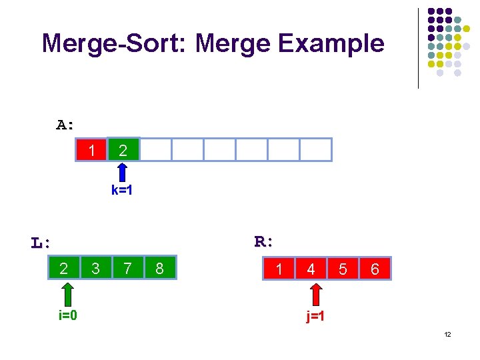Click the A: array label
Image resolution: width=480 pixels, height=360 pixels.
point(65,125)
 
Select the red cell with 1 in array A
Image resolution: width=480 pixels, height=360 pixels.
point(91,150)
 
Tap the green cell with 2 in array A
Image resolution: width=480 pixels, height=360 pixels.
point(123,150)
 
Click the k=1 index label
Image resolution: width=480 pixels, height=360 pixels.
point(123,191)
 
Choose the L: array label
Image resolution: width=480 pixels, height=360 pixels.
point(41,243)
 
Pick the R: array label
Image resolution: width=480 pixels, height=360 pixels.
point(265,241)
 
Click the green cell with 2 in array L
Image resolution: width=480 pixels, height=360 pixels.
point(64,268)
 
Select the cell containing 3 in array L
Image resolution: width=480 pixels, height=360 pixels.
point(96,268)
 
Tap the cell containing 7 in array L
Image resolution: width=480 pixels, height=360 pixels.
point(127,268)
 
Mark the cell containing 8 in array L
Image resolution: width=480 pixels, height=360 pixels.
point(159,268)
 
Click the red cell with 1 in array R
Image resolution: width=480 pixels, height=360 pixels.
point(279,269)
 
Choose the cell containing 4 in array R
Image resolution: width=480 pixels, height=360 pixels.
point(311,269)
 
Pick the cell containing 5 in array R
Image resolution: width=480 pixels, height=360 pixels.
point(343,269)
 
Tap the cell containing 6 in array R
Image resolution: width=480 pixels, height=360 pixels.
point(375,269)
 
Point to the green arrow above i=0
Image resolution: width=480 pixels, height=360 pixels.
point(67,294)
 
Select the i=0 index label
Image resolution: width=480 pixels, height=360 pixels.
point(67,315)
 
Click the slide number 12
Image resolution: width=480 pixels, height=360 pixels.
point(447,334)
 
